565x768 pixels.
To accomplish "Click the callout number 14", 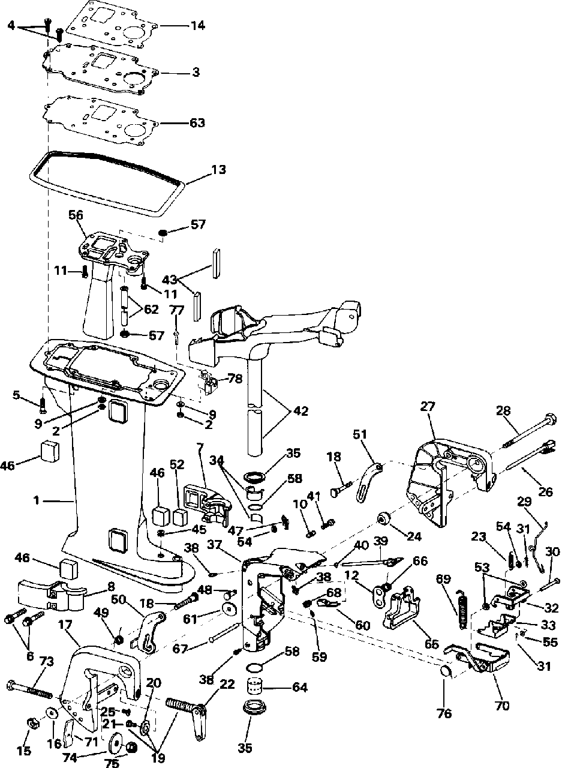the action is [198, 26].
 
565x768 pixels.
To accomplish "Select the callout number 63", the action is [197, 123].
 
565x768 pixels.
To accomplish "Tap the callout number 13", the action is [218, 169].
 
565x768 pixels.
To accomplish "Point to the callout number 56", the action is [76, 215].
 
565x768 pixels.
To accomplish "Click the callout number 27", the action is [428, 406].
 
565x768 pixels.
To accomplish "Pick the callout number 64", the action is [300, 687].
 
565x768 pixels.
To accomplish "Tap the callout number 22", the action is [227, 684].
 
